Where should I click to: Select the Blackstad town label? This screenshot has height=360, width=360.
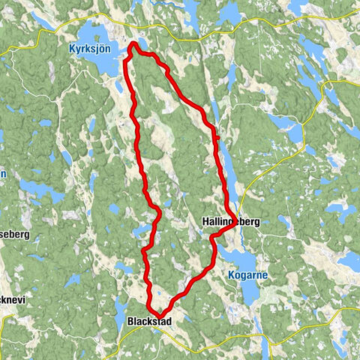click(x=150, y=322)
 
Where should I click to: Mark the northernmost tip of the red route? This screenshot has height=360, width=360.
click(x=133, y=44)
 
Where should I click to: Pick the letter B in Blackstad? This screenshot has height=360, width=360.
click(x=131, y=322)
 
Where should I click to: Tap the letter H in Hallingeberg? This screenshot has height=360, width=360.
click(x=205, y=222)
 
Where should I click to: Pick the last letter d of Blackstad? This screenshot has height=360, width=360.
click(x=169, y=322)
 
